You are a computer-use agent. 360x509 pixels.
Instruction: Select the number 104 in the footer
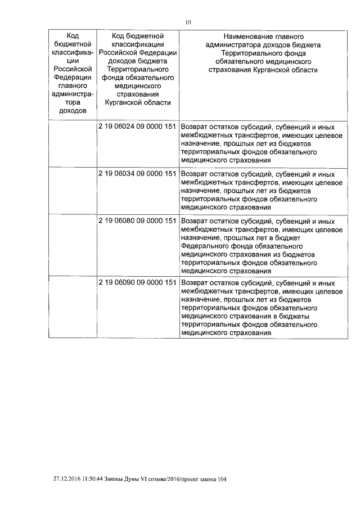(x=225, y=479)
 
